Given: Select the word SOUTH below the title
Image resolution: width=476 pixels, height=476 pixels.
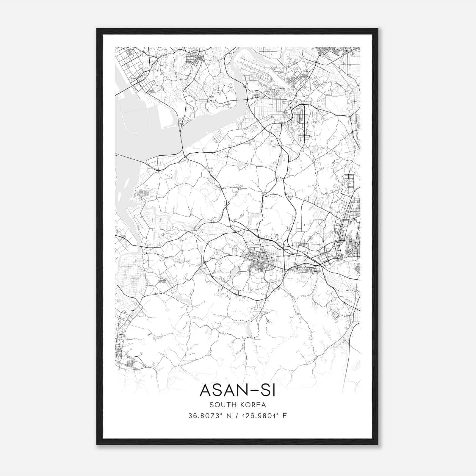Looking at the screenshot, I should pos(221,405).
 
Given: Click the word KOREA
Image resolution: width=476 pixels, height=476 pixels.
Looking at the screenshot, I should pos(253,405).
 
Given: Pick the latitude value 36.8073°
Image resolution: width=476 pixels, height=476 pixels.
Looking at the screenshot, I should pos(206,416).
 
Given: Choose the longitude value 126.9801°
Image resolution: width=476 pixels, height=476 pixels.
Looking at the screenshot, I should pos(258,416).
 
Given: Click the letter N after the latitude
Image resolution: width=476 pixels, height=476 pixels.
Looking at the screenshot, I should pos(229,416).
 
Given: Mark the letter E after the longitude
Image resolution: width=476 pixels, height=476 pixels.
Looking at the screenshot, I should pos(285,416).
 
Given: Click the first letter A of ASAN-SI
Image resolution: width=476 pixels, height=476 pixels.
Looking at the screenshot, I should pos(205,390).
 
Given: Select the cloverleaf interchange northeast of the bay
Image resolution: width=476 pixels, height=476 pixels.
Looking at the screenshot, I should pos(264,129).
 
